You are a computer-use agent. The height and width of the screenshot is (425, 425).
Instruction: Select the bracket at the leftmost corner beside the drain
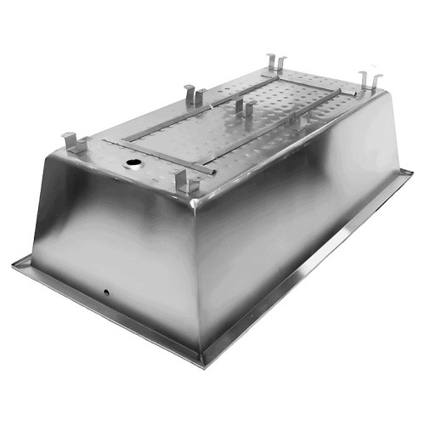[x=73, y=144]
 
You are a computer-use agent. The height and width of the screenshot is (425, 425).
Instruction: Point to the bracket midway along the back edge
[x=194, y=94]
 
